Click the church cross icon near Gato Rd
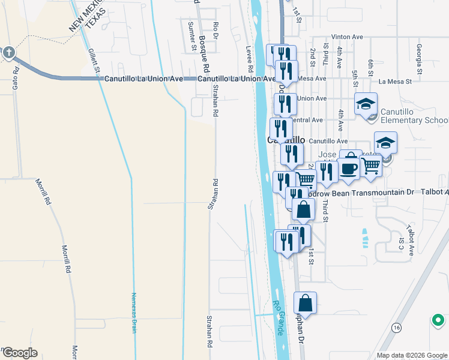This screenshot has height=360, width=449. click(x=8, y=52)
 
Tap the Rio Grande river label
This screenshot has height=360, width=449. click(x=279, y=318)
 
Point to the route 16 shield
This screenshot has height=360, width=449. click(x=396, y=328)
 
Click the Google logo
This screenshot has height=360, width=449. click(x=20, y=353)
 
